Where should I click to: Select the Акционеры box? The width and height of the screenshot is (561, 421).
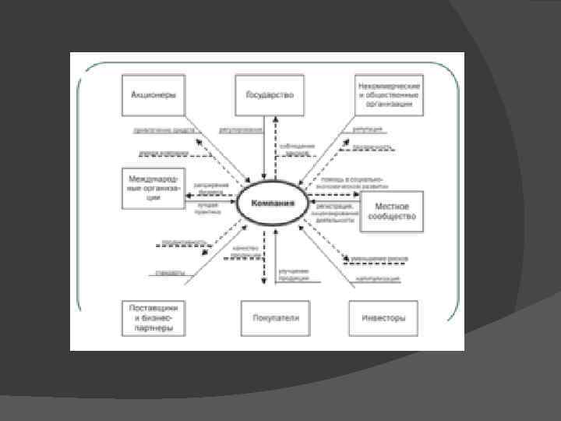[153, 95]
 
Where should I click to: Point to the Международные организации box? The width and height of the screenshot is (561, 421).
[153, 188]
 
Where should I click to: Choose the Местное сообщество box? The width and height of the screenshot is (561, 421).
[392, 211]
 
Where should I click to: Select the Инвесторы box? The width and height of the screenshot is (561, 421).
[383, 317]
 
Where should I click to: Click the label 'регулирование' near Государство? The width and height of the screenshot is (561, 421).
[240, 130]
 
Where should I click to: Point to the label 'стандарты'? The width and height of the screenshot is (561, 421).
[169, 273]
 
